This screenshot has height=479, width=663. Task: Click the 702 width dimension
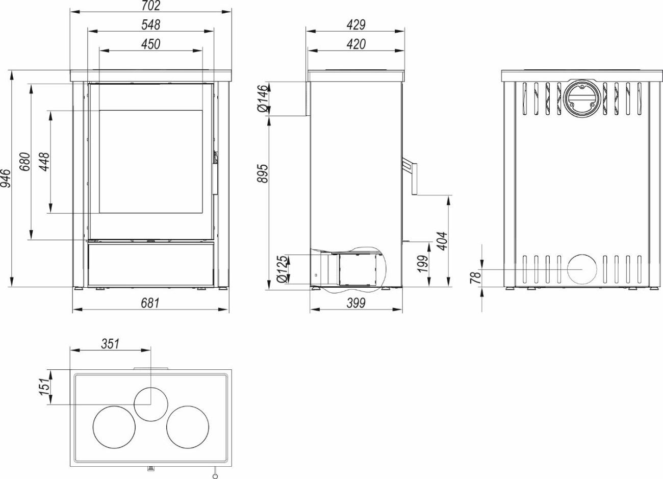[x=150, y=5]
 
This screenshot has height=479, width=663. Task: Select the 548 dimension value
[x=150, y=25]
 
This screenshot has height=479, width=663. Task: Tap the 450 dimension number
[x=150, y=44]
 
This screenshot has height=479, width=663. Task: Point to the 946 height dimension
[x=6, y=178]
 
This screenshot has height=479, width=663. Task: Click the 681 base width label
[x=150, y=303]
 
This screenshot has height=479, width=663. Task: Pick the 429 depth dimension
[x=356, y=25]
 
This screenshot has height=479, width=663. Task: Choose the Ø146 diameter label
[x=263, y=98]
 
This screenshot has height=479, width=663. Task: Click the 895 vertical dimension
[x=263, y=173]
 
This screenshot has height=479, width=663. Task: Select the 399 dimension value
[x=356, y=303]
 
